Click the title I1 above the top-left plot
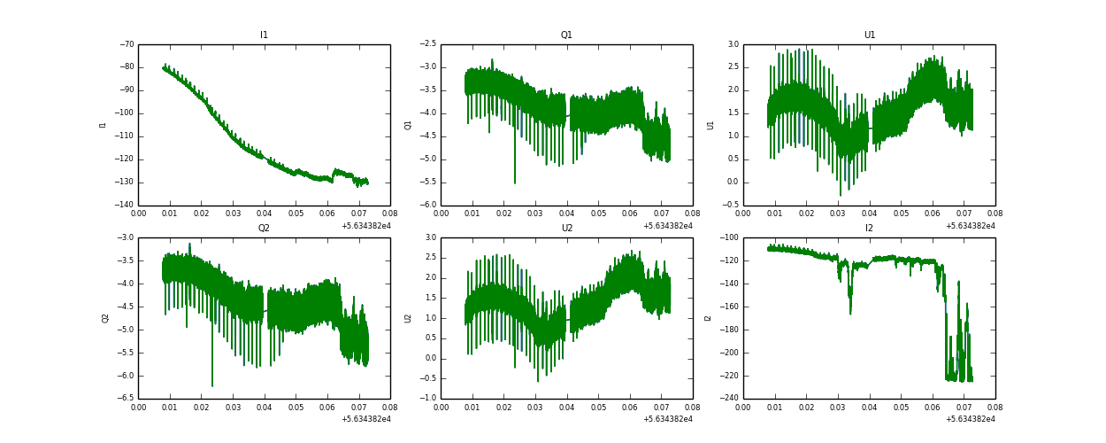[x=264, y=35]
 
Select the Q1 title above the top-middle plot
[x=566, y=35]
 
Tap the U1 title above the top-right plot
[x=869, y=35]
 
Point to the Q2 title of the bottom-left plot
[x=264, y=229]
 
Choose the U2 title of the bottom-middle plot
[x=566, y=229]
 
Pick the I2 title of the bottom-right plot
[x=869, y=229]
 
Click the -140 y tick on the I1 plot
[x=124, y=205]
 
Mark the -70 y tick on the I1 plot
[x=126, y=44]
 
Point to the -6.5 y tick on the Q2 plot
[x=124, y=398]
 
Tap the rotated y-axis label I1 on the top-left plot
[x=103, y=125]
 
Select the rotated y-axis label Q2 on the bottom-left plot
[x=104, y=318]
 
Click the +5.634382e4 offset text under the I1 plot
[x=365, y=226]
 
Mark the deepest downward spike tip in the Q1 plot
[x=515, y=183]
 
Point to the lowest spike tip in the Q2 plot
[x=212, y=386]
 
